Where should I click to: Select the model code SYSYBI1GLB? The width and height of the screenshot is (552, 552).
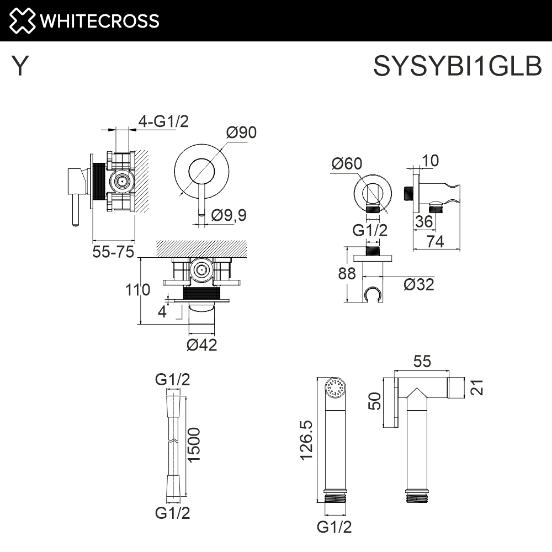point(458,67)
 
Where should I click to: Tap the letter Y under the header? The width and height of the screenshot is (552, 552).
point(20,67)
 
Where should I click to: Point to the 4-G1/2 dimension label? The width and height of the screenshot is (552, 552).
point(163,121)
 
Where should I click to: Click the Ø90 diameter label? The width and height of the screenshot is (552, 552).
point(241,133)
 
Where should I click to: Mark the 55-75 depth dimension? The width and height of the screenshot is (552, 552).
point(114,252)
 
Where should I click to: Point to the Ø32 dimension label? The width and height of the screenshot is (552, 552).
point(418,285)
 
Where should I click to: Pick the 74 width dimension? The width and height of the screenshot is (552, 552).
point(436,241)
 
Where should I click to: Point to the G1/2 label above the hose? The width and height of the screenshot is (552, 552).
point(173,380)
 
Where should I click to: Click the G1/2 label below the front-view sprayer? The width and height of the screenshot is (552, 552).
point(335,527)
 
